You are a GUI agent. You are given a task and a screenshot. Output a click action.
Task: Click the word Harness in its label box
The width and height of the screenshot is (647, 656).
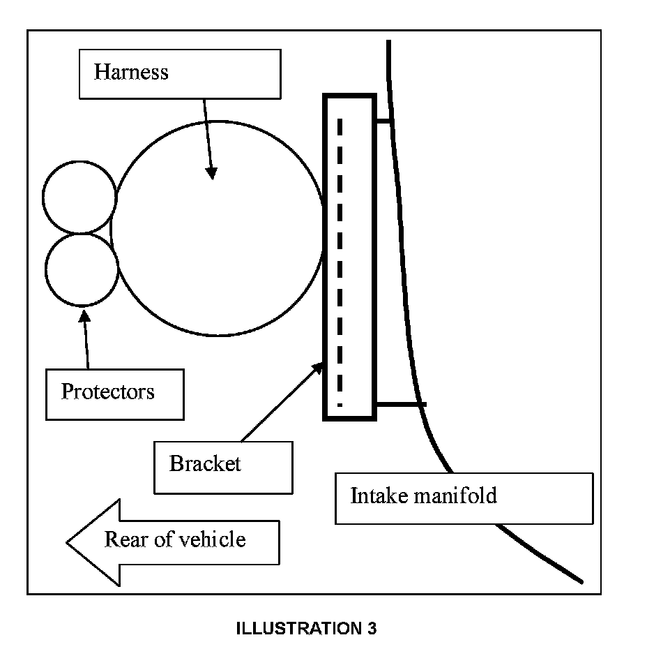coord(131,72)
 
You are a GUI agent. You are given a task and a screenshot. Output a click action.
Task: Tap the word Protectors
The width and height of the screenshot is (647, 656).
coord(108,392)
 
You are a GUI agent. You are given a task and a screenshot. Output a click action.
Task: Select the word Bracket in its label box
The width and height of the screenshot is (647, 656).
coord(205,463)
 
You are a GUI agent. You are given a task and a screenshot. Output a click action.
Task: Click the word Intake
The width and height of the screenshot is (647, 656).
coord(379,495)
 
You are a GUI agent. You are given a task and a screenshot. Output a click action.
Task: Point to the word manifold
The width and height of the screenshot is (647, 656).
coord(455,495)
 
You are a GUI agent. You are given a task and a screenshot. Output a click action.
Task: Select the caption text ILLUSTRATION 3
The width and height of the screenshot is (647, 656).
coord(306,628)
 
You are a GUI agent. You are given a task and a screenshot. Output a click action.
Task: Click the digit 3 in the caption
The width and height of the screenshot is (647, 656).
coord(372,628)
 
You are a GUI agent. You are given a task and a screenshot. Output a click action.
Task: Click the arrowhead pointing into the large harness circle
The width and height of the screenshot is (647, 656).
coord(211,173)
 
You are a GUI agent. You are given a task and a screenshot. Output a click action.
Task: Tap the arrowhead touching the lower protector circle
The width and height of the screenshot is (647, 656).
coord(84,316)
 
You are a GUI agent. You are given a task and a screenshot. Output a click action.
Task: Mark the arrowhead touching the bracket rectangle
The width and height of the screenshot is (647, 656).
coord(318,368)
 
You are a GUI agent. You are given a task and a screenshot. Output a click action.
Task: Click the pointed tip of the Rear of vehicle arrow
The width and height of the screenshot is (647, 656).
coord(67,543)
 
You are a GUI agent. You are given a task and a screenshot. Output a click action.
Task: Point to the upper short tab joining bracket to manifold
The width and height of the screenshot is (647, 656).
coord(383,121)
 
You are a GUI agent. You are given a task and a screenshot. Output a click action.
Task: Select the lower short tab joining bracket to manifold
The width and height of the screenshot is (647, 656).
coord(402,404)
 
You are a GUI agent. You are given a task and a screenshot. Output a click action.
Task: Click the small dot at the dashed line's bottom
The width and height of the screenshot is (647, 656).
coord(340,405)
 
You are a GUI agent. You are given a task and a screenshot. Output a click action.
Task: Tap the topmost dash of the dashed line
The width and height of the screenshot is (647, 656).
coord(340,127)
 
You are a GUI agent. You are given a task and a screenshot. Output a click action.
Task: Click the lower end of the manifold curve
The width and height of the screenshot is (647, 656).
coord(581,581)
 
